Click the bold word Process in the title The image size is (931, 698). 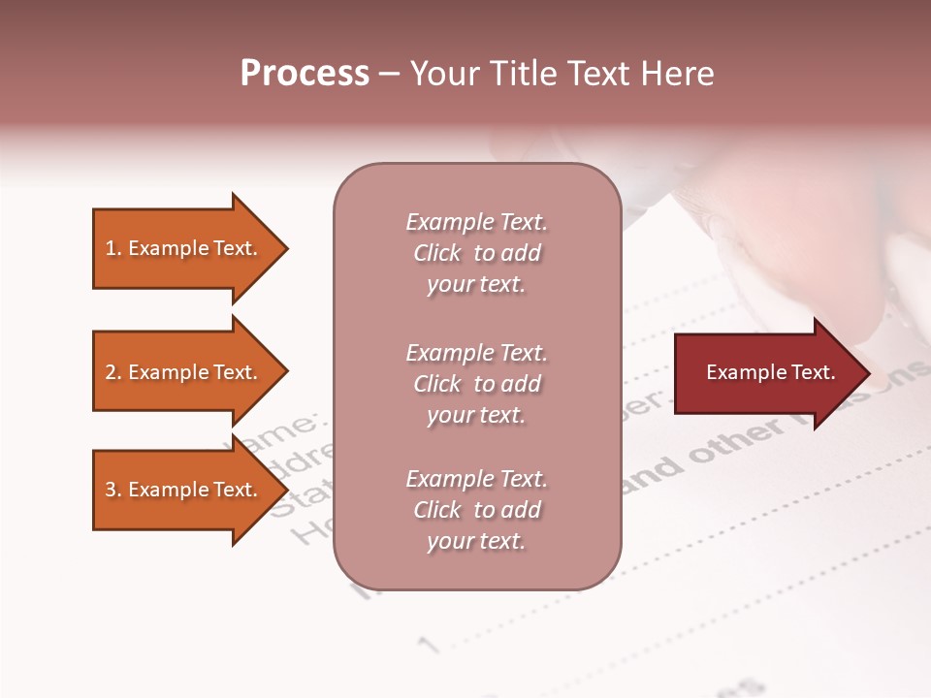tap(305, 74)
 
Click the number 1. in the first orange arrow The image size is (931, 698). tap(113, 248)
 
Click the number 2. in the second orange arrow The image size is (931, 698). tap(113, 372)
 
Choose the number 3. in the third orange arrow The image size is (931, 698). tap(113, 490)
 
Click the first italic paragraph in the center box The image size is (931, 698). tap(476, 253)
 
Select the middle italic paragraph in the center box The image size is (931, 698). tap(476, 384)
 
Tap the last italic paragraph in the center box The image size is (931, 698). tap(476, 510)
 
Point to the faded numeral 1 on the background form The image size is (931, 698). tap(428, 643)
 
